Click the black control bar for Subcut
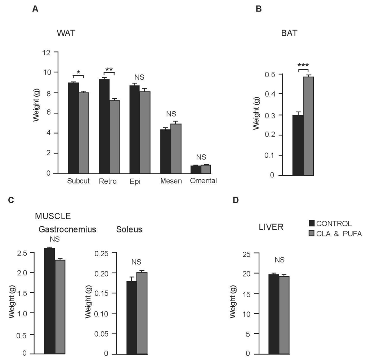coord(73,128)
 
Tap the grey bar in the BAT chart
coord(309,126)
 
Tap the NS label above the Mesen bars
coord(171,114)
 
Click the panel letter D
coord(236,200)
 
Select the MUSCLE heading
coord(52,216)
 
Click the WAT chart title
coord(66,33)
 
